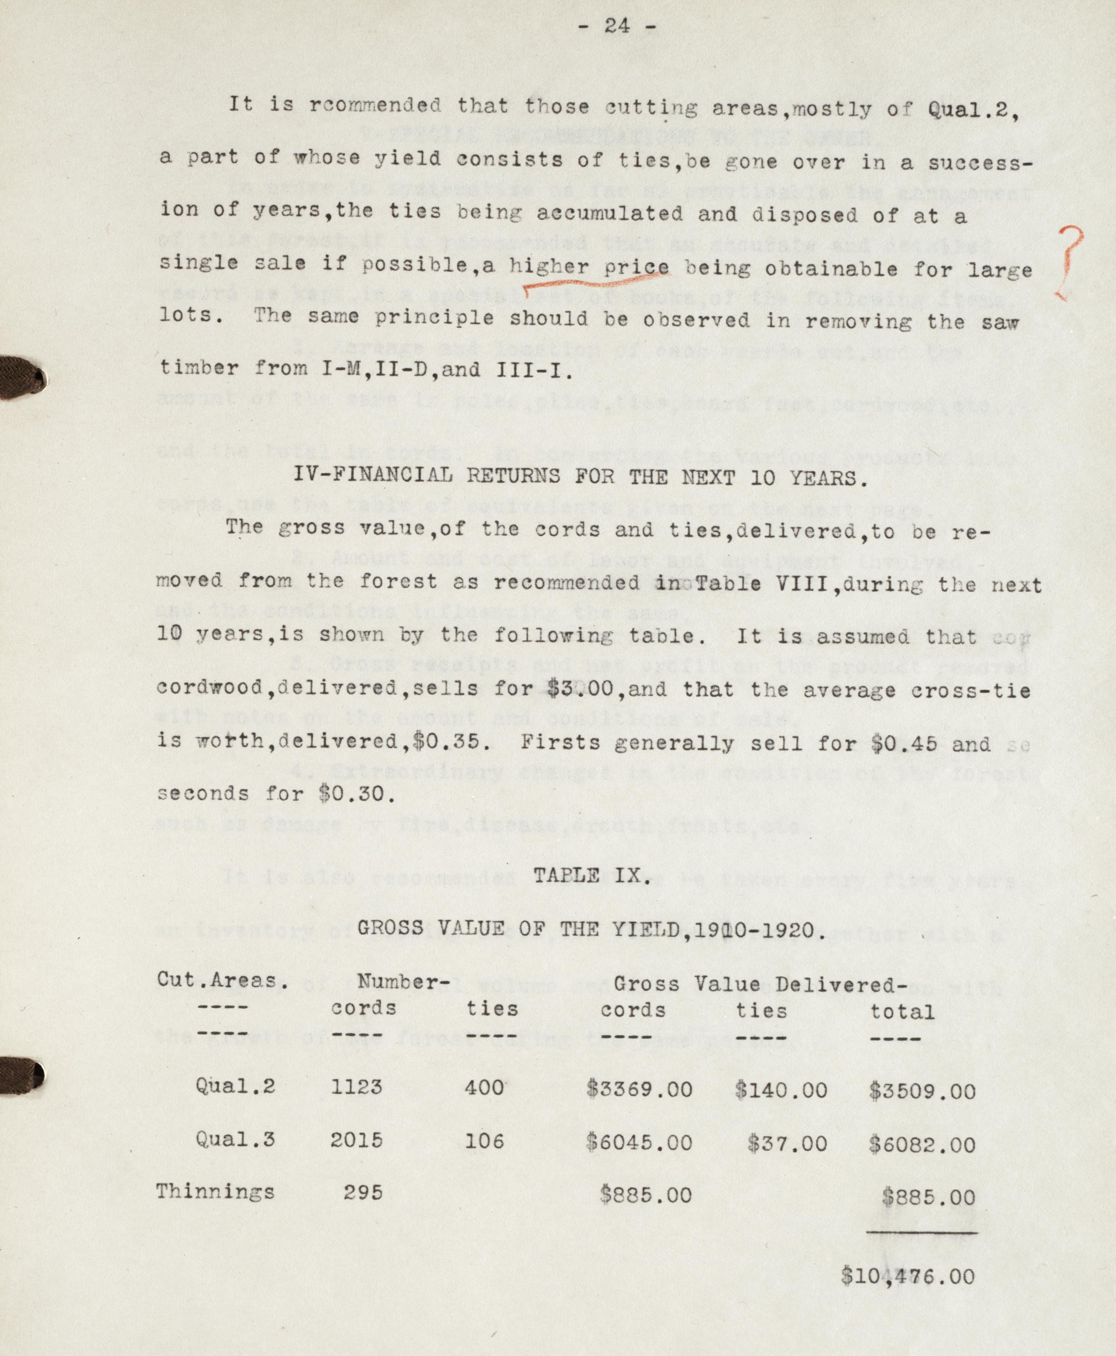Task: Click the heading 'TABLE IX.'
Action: click(x=591, y=876)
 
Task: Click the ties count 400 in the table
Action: click(x=484, y=1087)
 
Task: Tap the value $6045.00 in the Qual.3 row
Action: click(x=639, y=1141)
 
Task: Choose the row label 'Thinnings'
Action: click(x=215, y=1192)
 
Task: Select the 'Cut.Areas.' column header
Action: click(x=222, y=980)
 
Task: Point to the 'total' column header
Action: click(x=902, y=1011)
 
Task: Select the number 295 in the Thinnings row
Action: click(x=363, y=1192)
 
